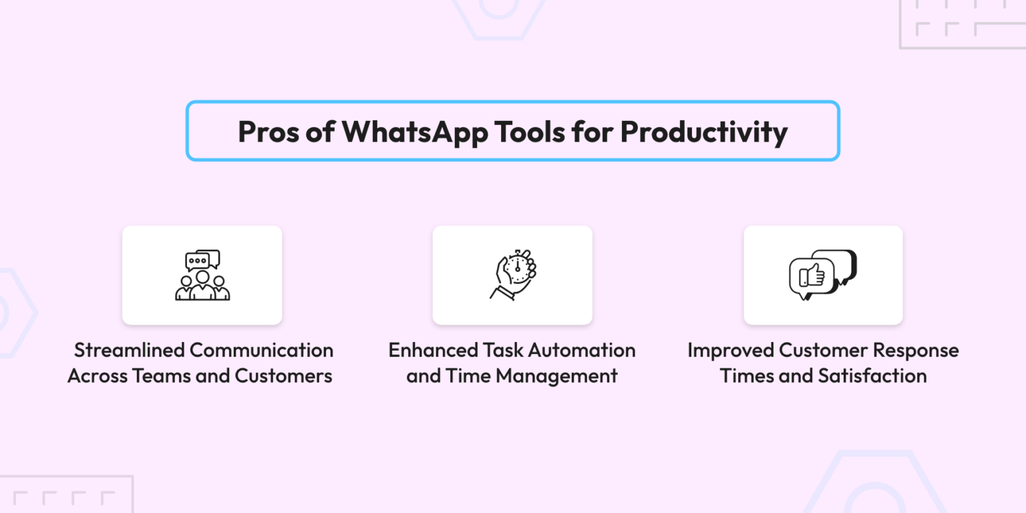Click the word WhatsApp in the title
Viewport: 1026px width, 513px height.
(x=414, y=132)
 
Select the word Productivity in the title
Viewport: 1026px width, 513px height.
(x=703, y=132)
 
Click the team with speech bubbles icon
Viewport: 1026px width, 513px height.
(x=202, y=275)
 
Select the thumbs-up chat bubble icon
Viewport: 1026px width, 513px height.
(x=823, y=275)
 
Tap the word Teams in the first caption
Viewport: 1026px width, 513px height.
(x=159, y=375)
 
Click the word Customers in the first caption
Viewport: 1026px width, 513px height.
(x=283, y=375)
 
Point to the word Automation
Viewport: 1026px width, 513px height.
(x=581, y=350)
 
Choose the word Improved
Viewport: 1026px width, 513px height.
(x=729, y=350)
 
